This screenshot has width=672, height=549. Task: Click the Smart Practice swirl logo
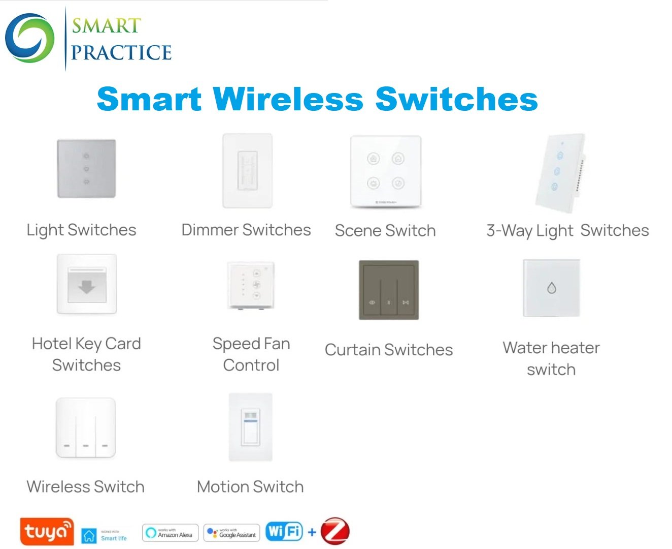click(x=29, y=38)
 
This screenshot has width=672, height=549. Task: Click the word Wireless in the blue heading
click(x=288, y=99)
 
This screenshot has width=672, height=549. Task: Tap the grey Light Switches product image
click(x=86, y=169)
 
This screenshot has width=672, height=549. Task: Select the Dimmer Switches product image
click(x=248, y=171)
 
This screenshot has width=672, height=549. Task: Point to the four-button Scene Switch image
click(x=386, y=171)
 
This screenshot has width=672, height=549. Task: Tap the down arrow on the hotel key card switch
click(x=87, y=287)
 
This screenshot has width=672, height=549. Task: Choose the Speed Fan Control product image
click(x=251, y=285)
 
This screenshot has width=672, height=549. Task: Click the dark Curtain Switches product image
click(x=389, y=290)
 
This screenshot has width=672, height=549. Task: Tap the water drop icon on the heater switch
click(x=552, y=288)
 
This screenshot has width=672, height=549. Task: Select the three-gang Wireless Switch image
click(x=86, y=428)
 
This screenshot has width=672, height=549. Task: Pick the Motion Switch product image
click(x=251, y=427)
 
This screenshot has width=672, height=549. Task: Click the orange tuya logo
click(x=47, y=532)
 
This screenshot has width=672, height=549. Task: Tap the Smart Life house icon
click(x=89, y=535)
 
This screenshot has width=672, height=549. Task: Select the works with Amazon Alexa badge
click(x=170, y=533)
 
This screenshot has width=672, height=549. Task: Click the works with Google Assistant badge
click(x=231, y=533)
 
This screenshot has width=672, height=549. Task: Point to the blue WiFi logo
click(x=284, y=532)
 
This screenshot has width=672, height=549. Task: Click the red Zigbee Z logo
click(x=335, y=531)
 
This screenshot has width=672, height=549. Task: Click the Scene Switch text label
click(x=385, y=231)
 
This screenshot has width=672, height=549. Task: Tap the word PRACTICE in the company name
click(x=121, y=52)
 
